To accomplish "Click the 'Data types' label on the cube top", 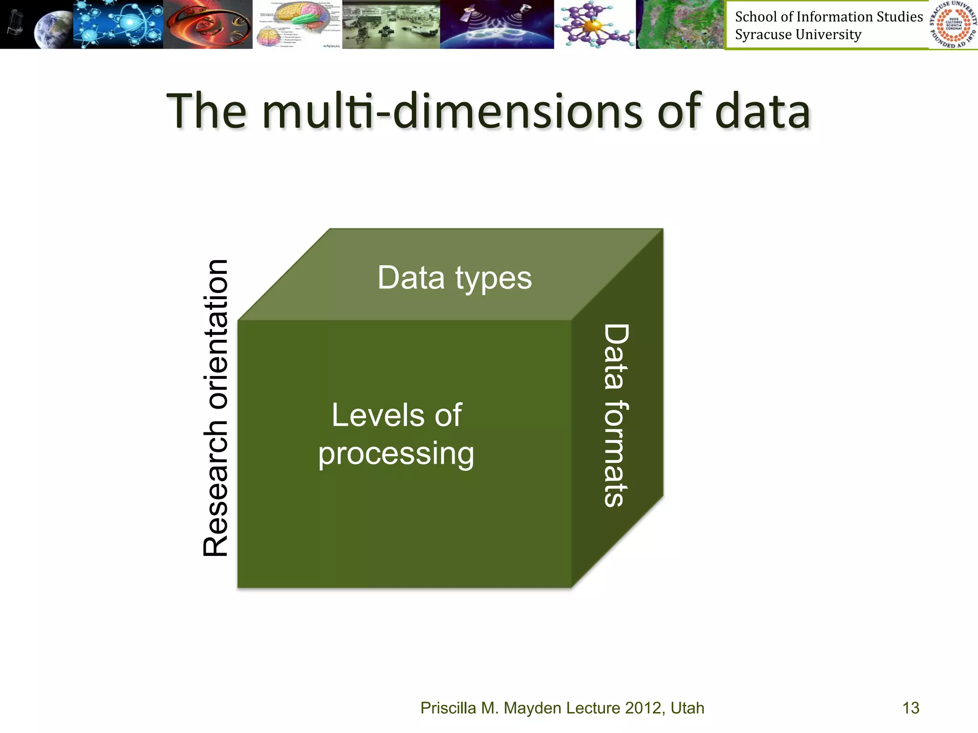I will coord(454,278).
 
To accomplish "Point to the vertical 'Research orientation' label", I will coord(215,408).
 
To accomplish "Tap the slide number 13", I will coord(911,708).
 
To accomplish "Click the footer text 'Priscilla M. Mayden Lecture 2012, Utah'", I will coord(562,708).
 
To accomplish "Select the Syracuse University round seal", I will coord(953,24).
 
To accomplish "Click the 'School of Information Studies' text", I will coord(829,17).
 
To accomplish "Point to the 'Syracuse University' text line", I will coord(798,35).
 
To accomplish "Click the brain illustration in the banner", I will coord(297,24).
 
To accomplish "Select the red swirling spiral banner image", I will coord(208,24).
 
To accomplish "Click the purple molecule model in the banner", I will coord(595,24).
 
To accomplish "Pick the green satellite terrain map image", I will coord(680,24).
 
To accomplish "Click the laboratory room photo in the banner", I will coord(391,24).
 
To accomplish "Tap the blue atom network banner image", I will coord(118,24).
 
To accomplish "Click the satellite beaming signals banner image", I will coord(497,24).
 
